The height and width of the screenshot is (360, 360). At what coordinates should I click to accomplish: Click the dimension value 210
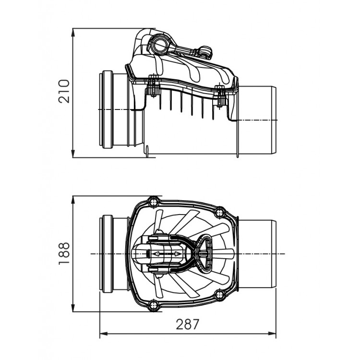coord(64,91)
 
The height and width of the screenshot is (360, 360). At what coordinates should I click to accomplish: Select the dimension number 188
coord(64,253)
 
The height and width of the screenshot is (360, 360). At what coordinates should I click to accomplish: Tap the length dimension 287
coord(187,324)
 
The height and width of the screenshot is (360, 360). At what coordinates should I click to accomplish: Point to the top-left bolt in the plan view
coord(154,201)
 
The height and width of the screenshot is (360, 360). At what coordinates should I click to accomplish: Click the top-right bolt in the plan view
coord(219,211)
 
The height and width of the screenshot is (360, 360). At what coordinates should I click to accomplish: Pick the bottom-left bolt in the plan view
coord(154,305)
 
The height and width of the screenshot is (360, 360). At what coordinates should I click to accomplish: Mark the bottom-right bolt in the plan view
coord(219,294)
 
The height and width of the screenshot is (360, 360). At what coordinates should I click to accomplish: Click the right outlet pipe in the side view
coord(257,120)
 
